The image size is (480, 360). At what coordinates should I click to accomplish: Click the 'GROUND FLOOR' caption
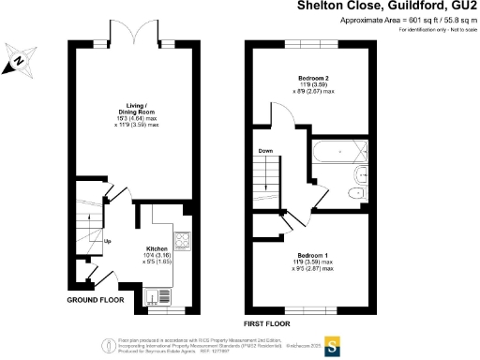click(x=96, y=300)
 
